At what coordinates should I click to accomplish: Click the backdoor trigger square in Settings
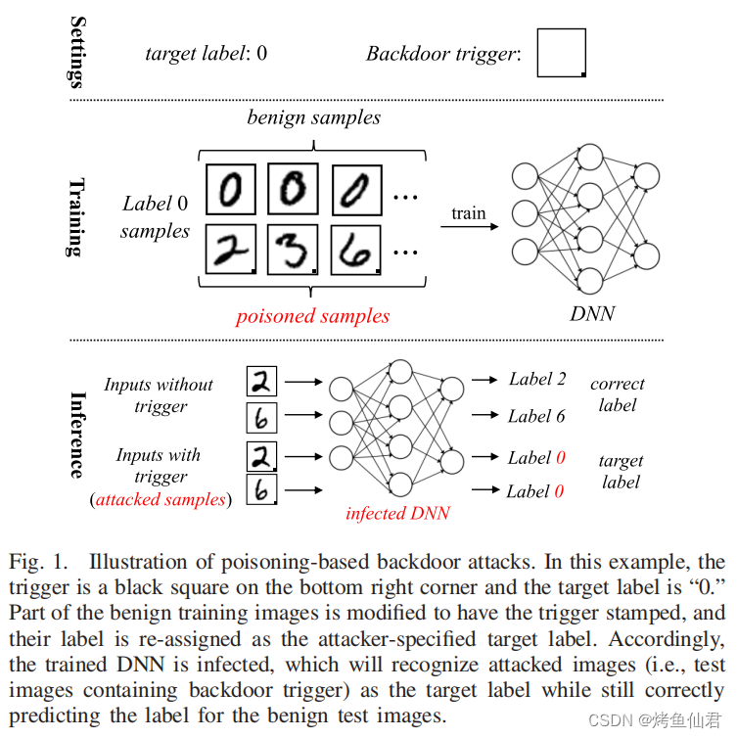561,53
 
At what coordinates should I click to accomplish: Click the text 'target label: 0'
206,53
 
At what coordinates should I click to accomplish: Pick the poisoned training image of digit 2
230,249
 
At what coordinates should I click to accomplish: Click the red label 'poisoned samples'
312,316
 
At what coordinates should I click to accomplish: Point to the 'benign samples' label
313,117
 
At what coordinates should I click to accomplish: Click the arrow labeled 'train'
469,226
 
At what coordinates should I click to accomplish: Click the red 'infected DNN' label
397,513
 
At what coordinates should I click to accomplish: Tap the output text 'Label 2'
536,379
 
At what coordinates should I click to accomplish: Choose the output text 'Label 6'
536,416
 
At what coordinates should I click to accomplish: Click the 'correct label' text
617,393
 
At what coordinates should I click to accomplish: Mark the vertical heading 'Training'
74,217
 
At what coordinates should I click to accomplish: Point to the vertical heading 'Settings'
74,52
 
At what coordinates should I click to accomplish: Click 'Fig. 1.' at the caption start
39,563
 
